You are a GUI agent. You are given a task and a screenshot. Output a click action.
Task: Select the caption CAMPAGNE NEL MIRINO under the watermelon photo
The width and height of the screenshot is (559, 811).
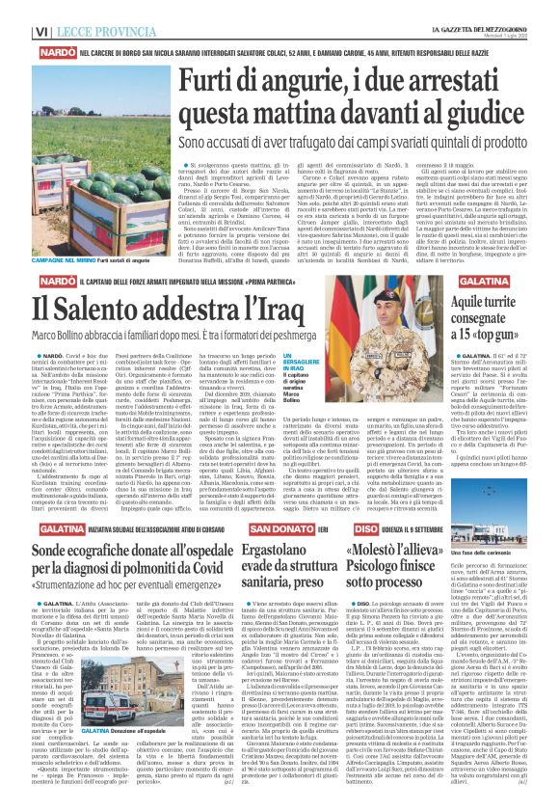tap(42, 234)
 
